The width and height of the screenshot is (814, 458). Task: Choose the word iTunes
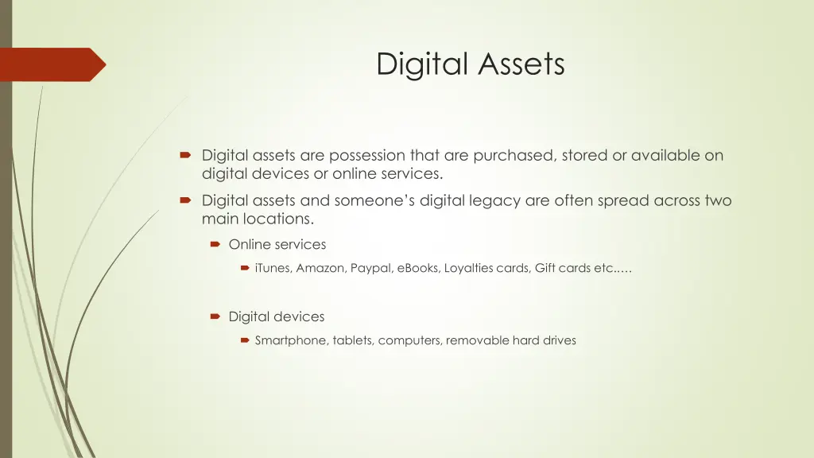(273, 269)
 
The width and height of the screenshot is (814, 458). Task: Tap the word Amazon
(320, 269)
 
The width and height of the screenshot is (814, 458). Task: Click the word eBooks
(418, 269)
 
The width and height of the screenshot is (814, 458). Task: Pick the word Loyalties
(469, 269)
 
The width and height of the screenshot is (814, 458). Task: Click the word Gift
(545, 269)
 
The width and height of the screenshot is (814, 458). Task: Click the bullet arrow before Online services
(215, 245)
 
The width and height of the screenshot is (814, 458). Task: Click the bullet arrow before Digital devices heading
(215, 316)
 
